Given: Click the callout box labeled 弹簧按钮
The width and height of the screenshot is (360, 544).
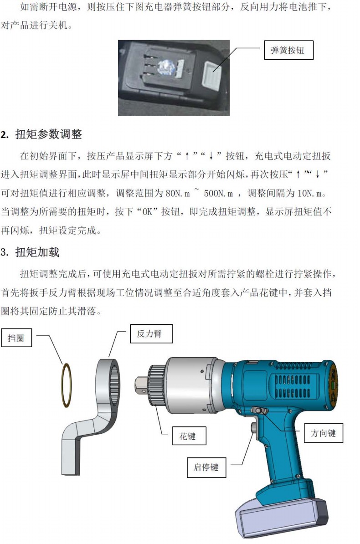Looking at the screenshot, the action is (289, 50).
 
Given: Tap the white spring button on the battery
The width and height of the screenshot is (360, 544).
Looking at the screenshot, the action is (211, 76).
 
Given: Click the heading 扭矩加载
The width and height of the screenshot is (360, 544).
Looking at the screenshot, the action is (37, 252).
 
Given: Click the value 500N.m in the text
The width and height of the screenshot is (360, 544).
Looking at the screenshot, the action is (218, 193).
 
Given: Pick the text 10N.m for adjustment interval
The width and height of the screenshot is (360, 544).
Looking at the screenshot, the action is (308, 193).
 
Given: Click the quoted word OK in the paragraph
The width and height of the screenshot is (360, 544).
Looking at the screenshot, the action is (148, 212).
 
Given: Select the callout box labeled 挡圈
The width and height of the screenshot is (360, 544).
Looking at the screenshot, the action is (16, 338).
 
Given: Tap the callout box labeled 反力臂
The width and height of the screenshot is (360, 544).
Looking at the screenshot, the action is (151, 334).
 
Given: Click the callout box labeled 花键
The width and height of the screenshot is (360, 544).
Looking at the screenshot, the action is (189, 436).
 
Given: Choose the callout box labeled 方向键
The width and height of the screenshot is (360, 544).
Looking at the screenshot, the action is (324, 433).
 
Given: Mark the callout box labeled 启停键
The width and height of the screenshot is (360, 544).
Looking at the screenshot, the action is (206, 467).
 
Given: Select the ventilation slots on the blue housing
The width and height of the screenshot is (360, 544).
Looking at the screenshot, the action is (293, 386).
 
